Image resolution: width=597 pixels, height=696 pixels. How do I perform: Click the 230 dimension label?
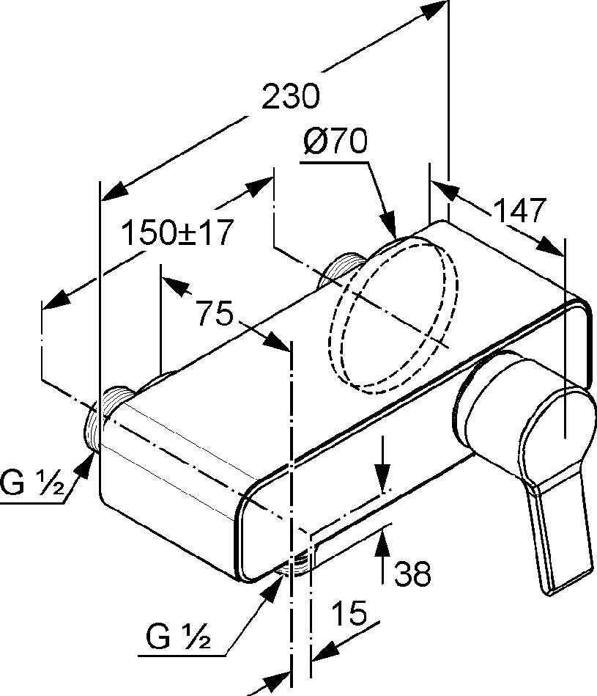(290, 96)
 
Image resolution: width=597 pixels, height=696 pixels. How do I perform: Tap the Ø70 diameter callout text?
(335, 141)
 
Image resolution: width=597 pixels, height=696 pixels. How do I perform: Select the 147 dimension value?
(519, 210)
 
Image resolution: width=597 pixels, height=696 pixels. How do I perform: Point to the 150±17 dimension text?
(177, 232)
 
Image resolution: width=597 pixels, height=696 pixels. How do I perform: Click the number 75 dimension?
(215, 312)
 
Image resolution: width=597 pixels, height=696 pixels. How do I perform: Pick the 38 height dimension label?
(412, 573)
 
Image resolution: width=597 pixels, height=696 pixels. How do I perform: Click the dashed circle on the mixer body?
(392, 315)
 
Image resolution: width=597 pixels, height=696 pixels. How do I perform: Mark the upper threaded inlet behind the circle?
(344, 268)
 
